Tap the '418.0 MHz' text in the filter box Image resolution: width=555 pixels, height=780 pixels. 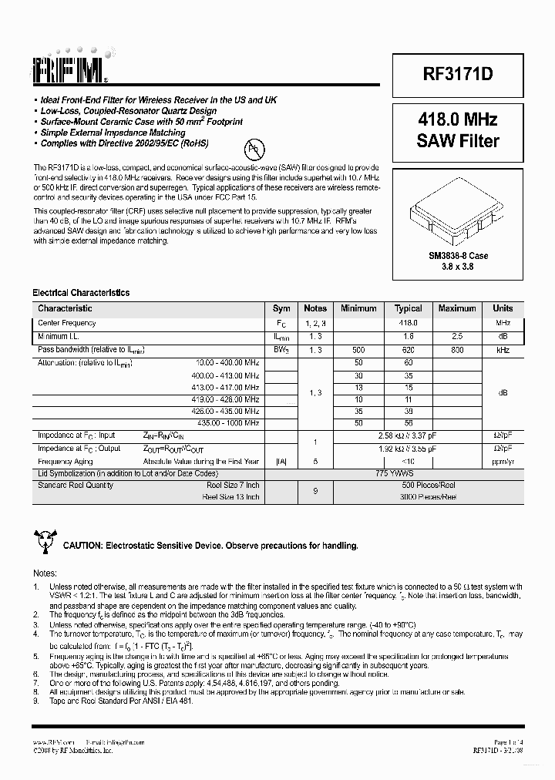pyautogui.click(x=457, y=119)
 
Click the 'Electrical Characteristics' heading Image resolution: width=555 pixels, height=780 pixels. pyautogui.click(x=80, y=293)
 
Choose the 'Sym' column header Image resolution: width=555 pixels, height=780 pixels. pyautogui.click(x=281, y=308)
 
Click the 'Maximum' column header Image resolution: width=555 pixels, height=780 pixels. pyautogui.click(x=457, y=308)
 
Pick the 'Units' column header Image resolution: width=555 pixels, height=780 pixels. pyautogui.click(x=503, y=308)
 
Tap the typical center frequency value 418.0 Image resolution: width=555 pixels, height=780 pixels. pyautogui.click(x=408, y=323)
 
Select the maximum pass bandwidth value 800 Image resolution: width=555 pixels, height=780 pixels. pyautogui.click(x=457, y=350)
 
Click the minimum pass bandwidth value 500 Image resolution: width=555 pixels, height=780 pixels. pyautogui.click(x=358, y=350)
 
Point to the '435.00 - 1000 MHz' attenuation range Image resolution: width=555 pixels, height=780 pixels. pyautogui.click(x=228, y=423)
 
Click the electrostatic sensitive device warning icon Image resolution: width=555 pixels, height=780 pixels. pyautogui.click(x=43, y=543)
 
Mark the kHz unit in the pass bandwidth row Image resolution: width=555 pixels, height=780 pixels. pyautogui.click(x=503, y=350)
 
